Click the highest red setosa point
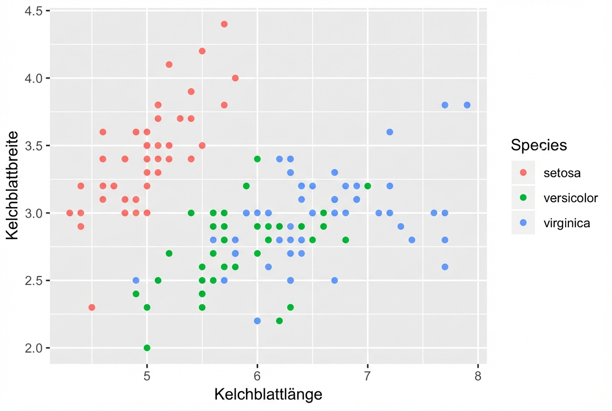point(224,24)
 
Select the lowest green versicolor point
point(147,348)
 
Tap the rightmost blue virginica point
point(467,105)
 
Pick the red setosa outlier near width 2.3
point(92,307)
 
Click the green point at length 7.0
point(367,186)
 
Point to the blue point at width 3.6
point(390,132)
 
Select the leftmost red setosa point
point(70,213)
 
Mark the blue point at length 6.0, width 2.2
point(257,321)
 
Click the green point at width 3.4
point(257,159)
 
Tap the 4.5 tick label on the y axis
point(32,11)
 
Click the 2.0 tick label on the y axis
point(32,348)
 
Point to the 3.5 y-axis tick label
point(32,145)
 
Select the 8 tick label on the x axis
point(478,377)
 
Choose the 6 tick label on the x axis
point(257,377)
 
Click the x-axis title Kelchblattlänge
point(268,395)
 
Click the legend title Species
point(539,145)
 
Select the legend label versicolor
point(570,198)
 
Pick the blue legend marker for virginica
point(523,223)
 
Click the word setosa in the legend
point(562,173)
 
